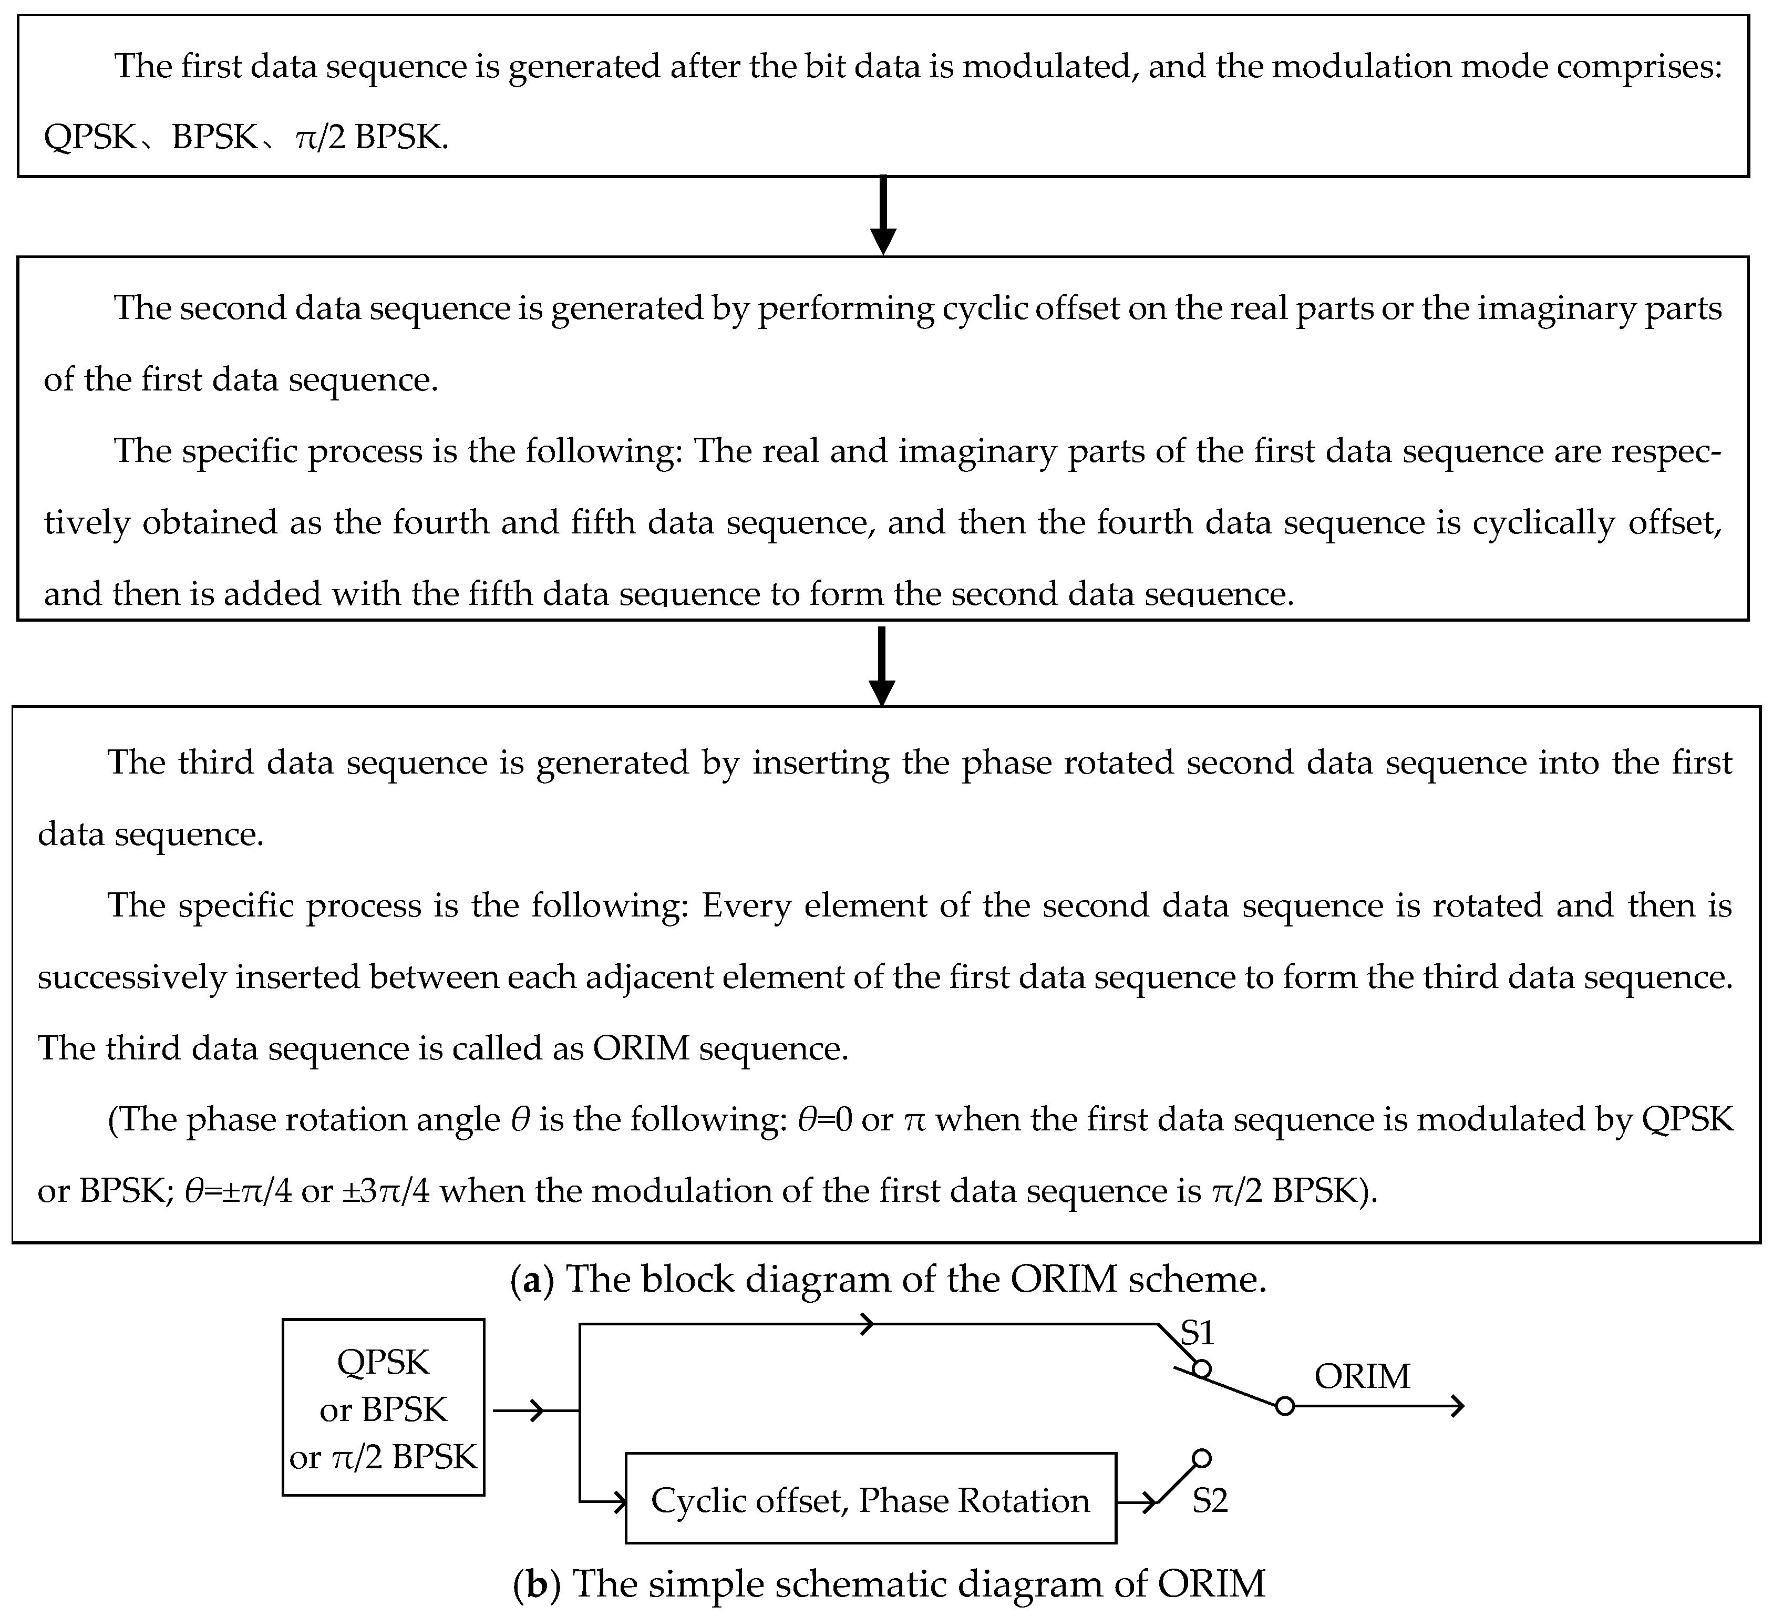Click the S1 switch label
point(1197,1334)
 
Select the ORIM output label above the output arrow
point(1362,1376)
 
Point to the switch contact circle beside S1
point(1201,1369)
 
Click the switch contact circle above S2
point(1201,1459)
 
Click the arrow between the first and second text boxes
point(883,217)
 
